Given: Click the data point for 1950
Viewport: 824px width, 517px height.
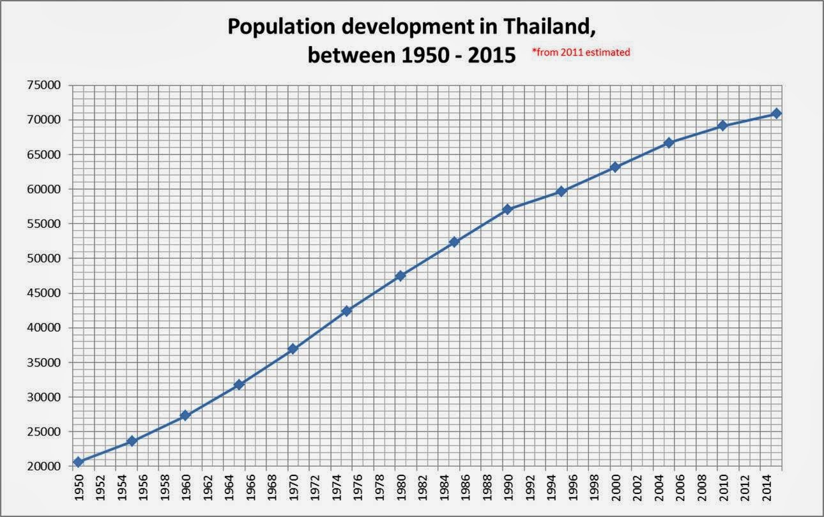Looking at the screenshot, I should [79, 461].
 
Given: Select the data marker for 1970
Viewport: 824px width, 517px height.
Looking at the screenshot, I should [293, 348].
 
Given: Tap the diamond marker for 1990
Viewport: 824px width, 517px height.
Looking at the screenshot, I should [508, 209].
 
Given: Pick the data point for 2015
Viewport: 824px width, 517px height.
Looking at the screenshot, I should [776, 113].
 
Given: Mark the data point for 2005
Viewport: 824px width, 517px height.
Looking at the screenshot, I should [669, 142].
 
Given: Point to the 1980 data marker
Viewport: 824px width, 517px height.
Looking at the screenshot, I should [401, 276].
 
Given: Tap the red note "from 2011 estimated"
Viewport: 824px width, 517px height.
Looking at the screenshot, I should [581, 53].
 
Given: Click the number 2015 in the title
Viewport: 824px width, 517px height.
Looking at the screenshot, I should [490, 55].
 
